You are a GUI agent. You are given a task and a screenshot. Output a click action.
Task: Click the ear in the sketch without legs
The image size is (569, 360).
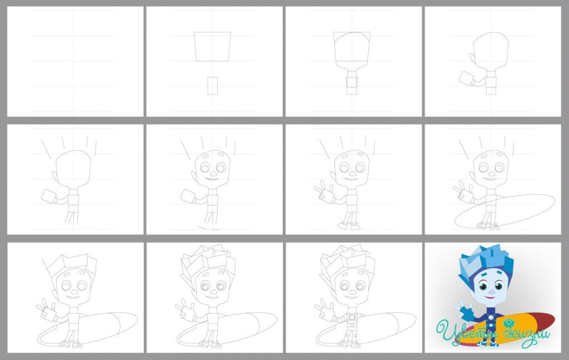tap(472, 59)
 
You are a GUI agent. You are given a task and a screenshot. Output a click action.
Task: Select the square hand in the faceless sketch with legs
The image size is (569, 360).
tap(49, 196)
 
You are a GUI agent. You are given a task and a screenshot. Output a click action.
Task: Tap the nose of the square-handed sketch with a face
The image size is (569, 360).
tap(213, 174)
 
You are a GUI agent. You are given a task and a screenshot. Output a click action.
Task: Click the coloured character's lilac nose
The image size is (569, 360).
tap(491, 292)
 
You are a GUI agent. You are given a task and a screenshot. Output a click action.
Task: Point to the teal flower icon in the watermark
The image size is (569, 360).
tap(509, 323)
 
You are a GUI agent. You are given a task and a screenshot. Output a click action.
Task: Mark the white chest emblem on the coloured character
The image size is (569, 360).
tap(491, 317)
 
